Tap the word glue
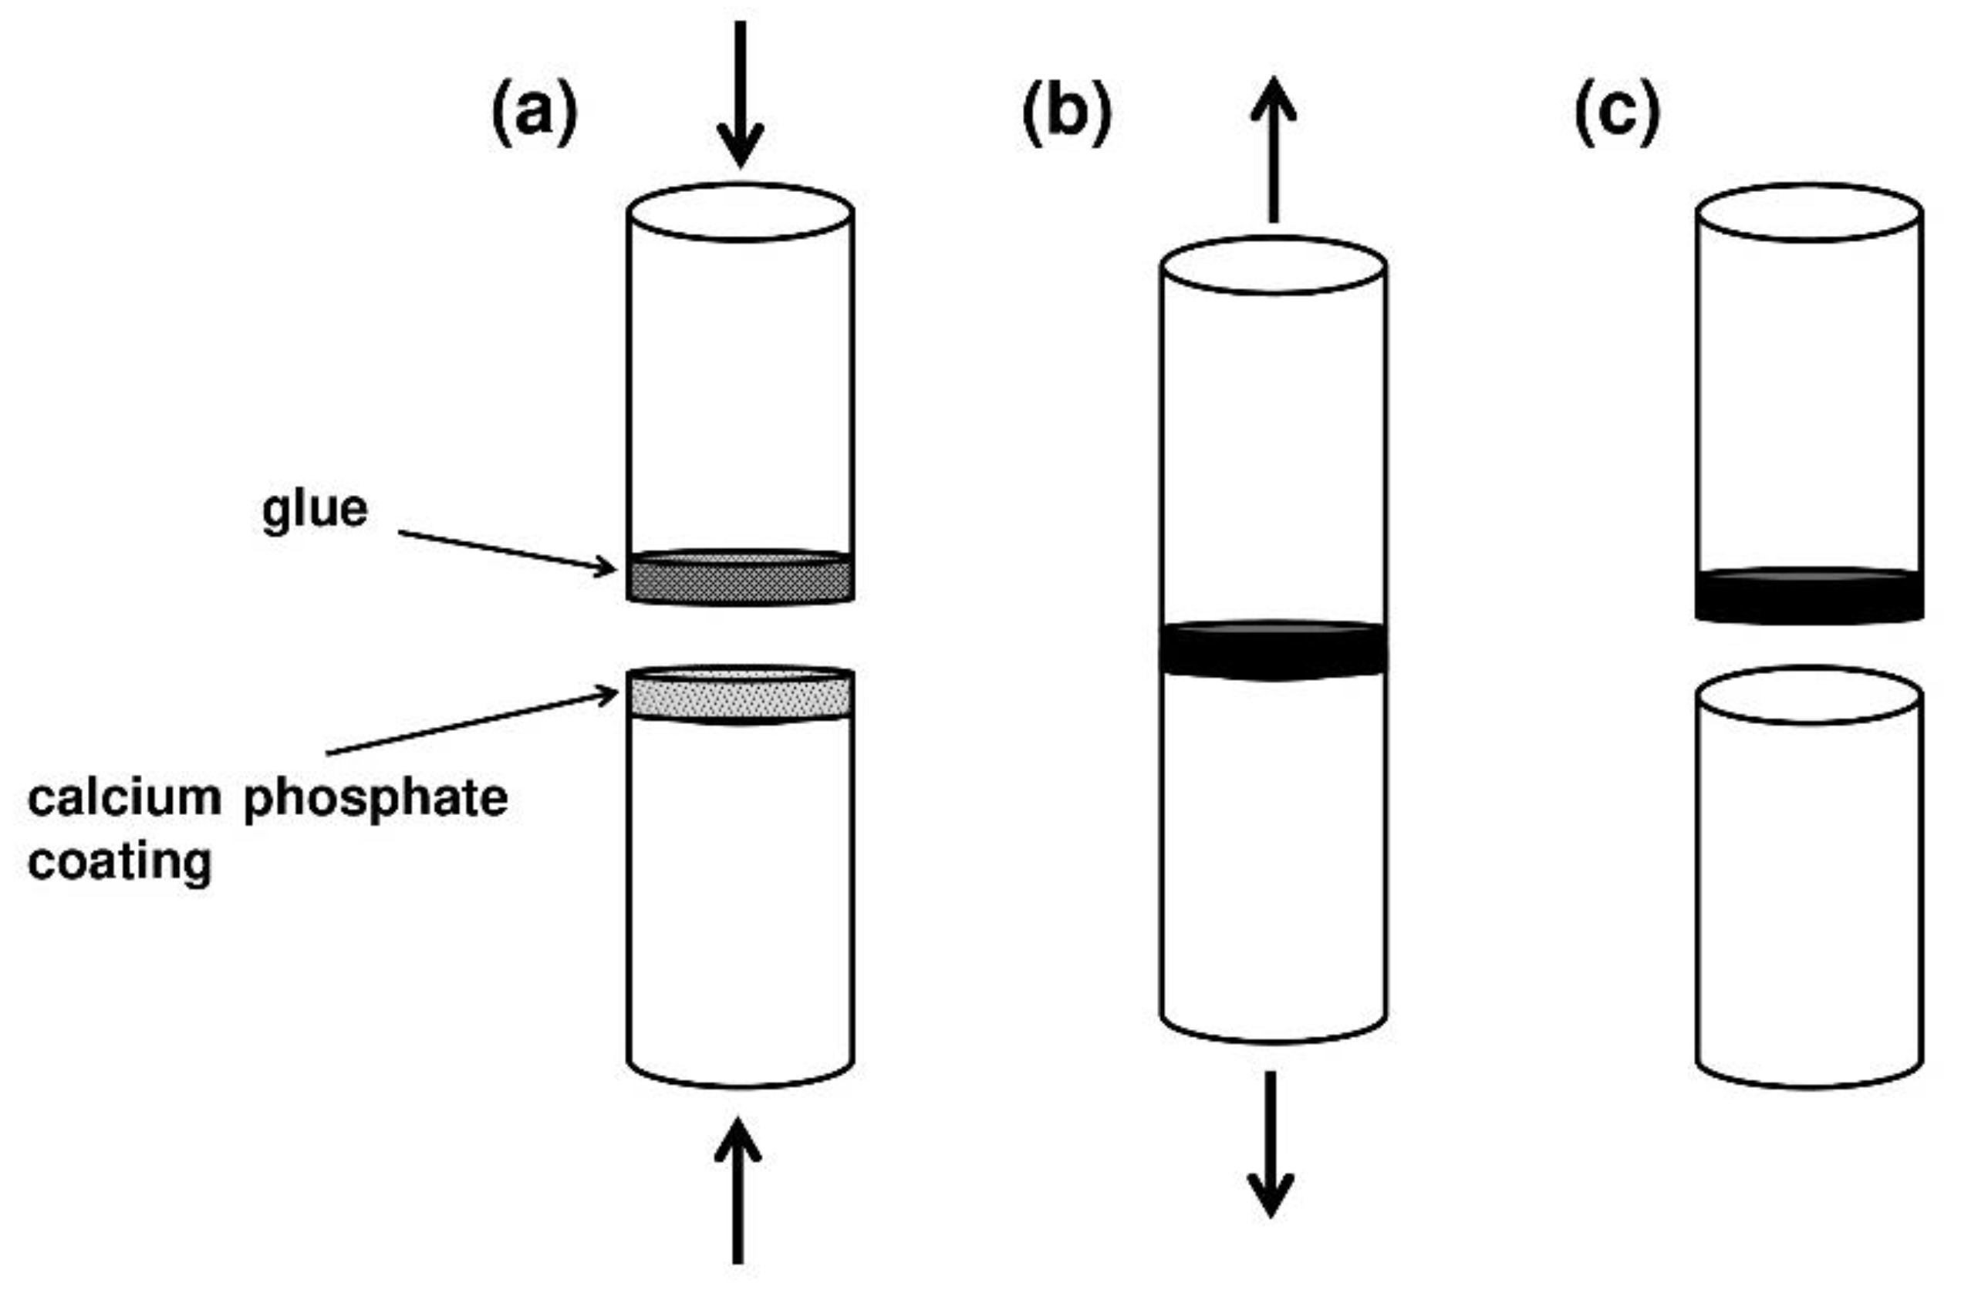tap(315, 510)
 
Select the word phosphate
tap(376, 799)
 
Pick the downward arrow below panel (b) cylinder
tap(1271, 1145)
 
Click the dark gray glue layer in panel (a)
tap(740, 580)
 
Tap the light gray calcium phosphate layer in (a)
tap(740, 697)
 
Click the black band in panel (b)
tap(1274, 651)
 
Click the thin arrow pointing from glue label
tap(507, 551)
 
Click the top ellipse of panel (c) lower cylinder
tap(1809, 696)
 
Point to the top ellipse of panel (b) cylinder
tap(1274, 265)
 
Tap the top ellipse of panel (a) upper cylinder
tap(740, 213)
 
